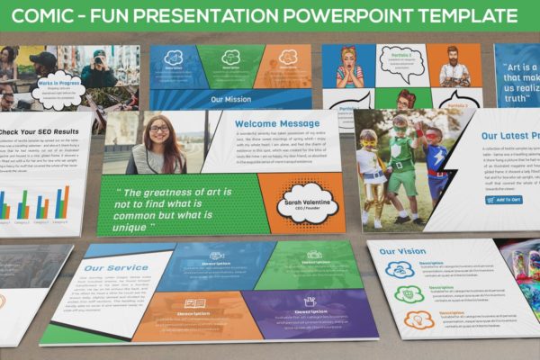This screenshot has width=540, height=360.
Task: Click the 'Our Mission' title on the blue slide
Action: (230, 100)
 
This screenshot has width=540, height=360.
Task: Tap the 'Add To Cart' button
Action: (502, 199)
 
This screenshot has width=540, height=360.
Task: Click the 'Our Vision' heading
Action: (402, 252)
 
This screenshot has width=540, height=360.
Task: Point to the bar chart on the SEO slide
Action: (36, 205)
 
